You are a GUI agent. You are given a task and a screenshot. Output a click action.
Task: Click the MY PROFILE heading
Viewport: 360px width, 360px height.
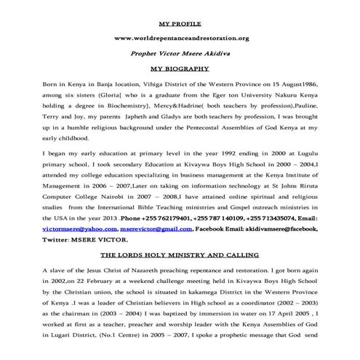click(180, 23)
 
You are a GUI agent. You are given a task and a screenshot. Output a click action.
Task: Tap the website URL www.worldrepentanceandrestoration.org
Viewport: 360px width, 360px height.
click(180, 38)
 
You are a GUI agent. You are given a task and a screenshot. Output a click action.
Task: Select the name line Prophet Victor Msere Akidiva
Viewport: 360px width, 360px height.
click(180, 53)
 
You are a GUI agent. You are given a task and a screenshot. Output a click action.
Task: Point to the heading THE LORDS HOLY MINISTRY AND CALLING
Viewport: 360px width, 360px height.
click(180, 256)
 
